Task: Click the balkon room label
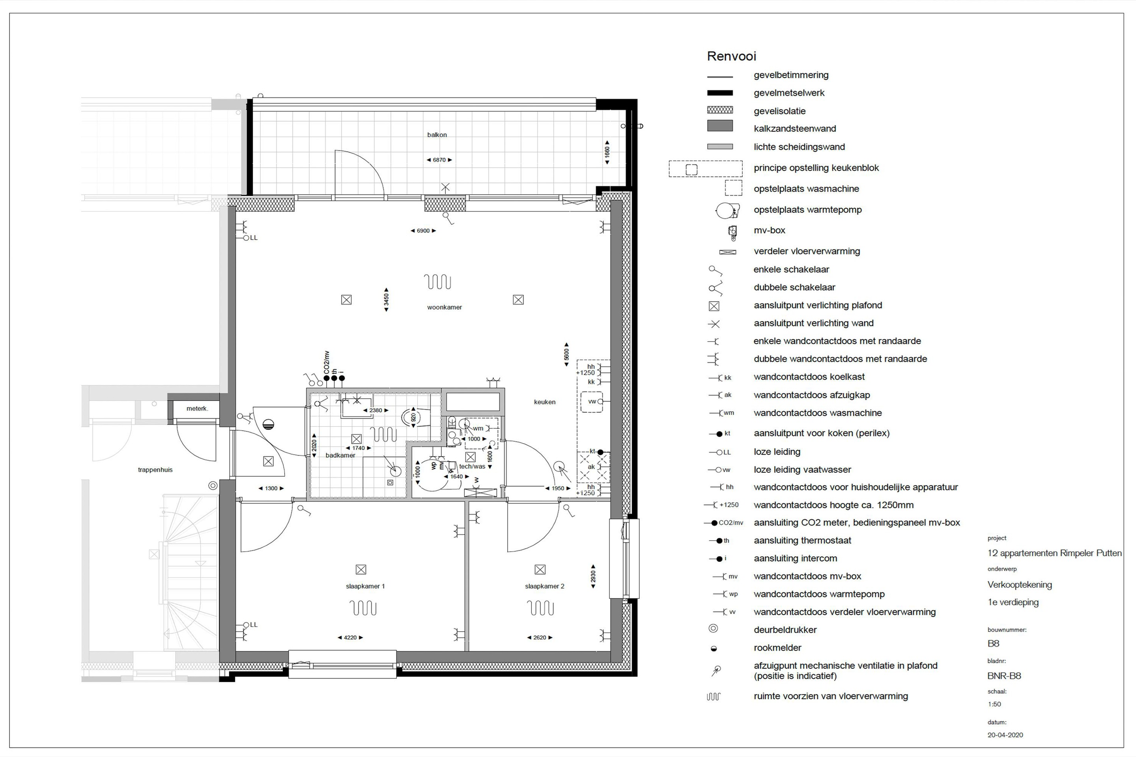[x=437, y=135]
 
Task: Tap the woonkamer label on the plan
[x=445, y=307]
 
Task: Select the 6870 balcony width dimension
[x=439, y=160]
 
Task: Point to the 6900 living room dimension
[x=423, y=231]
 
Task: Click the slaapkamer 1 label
[x=365, y=586]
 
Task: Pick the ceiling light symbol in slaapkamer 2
[x=540, y=570]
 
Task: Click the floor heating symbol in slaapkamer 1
[x=363, y=608]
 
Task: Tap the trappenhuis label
[x=155, y=470]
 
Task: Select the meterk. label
[x=197, y=408]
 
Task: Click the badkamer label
[x=340, y=455]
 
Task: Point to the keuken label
[x=544, y=402]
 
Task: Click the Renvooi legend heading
[x=731, y=56]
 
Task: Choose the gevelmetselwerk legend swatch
[x=719, y=93]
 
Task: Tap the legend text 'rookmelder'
[x=777, y=648]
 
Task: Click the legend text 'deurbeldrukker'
[x=785, y=630]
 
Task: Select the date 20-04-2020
[x=1005, y=735]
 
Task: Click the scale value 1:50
[x=994, y=704]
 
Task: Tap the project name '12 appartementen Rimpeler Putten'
[x=1054, y=553]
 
